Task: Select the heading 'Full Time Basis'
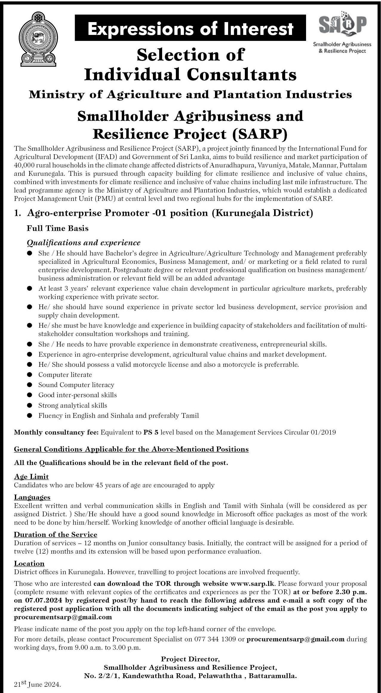(x=58, y=228)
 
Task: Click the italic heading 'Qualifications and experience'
(x=84, y=243)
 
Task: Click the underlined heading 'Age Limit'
(x=31, y=477)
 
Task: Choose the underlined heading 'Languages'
(x=32, y=497)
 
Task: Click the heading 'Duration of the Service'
(x=56, y=534)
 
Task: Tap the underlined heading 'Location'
(x=29, y=563)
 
